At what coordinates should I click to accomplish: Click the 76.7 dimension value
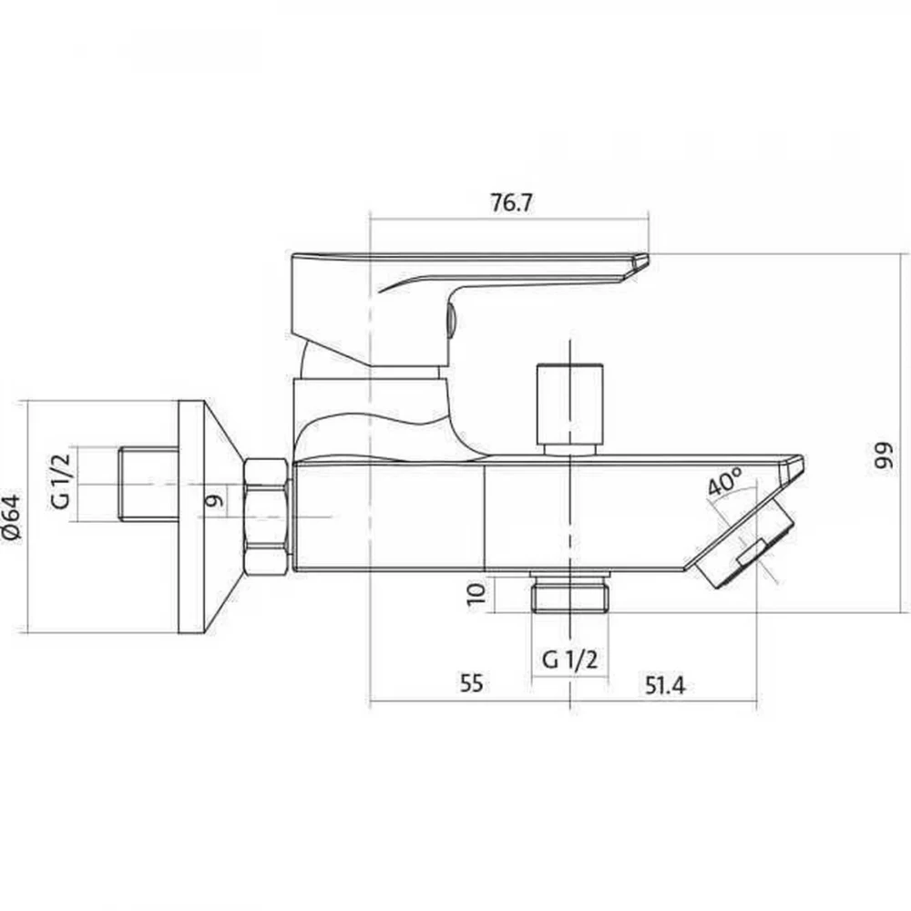coord(511,203)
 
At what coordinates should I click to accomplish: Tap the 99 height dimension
coord(885,456)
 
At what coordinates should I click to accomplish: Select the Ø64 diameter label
coord(12,517)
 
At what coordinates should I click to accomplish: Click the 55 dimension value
coord(471,682)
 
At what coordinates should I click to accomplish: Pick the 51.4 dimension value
coord(665,686)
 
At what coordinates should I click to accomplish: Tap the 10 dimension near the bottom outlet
coord(476,594)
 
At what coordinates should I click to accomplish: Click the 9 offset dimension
coord(215,499)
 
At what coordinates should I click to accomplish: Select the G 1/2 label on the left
coord(61,481)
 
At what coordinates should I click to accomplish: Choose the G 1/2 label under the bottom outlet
coord(569,660)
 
